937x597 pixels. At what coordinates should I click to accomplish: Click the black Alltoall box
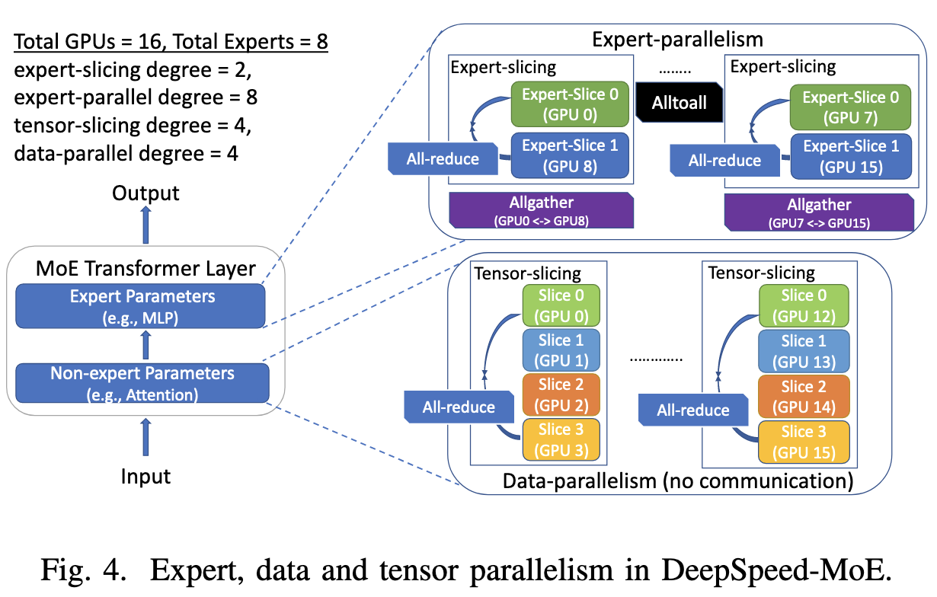[680, 103]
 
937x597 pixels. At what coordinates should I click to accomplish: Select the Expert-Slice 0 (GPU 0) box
[570, 104]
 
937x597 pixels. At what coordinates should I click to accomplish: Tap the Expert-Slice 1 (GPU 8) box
[570, 155]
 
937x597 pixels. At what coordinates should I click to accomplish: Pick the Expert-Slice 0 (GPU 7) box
[850, 107]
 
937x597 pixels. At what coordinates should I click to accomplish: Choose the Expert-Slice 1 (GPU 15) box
[851, 156]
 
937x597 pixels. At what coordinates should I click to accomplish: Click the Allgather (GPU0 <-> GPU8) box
[542, 210]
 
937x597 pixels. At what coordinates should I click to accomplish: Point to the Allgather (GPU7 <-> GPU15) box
[819, 212]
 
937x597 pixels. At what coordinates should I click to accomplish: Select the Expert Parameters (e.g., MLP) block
[140, 306]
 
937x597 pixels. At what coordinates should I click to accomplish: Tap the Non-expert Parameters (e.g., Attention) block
[142, 383]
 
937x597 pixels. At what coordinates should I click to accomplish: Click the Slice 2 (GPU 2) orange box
[561, 394]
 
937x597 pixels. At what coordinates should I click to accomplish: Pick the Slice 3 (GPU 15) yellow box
[804, 442]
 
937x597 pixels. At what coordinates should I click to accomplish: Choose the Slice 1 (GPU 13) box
[804, 351]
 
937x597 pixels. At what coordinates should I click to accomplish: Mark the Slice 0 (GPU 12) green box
[804, 305]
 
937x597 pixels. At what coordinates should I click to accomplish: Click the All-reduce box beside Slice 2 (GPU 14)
[693, 410]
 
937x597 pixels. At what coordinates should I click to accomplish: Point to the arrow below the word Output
[146, 225]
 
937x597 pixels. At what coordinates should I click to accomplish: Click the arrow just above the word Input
[146, 437]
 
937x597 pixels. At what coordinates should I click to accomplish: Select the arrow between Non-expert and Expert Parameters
[146, 345]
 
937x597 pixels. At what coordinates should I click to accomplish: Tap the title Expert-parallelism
[678, 40]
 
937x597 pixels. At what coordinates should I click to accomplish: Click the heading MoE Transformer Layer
[146, 268]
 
